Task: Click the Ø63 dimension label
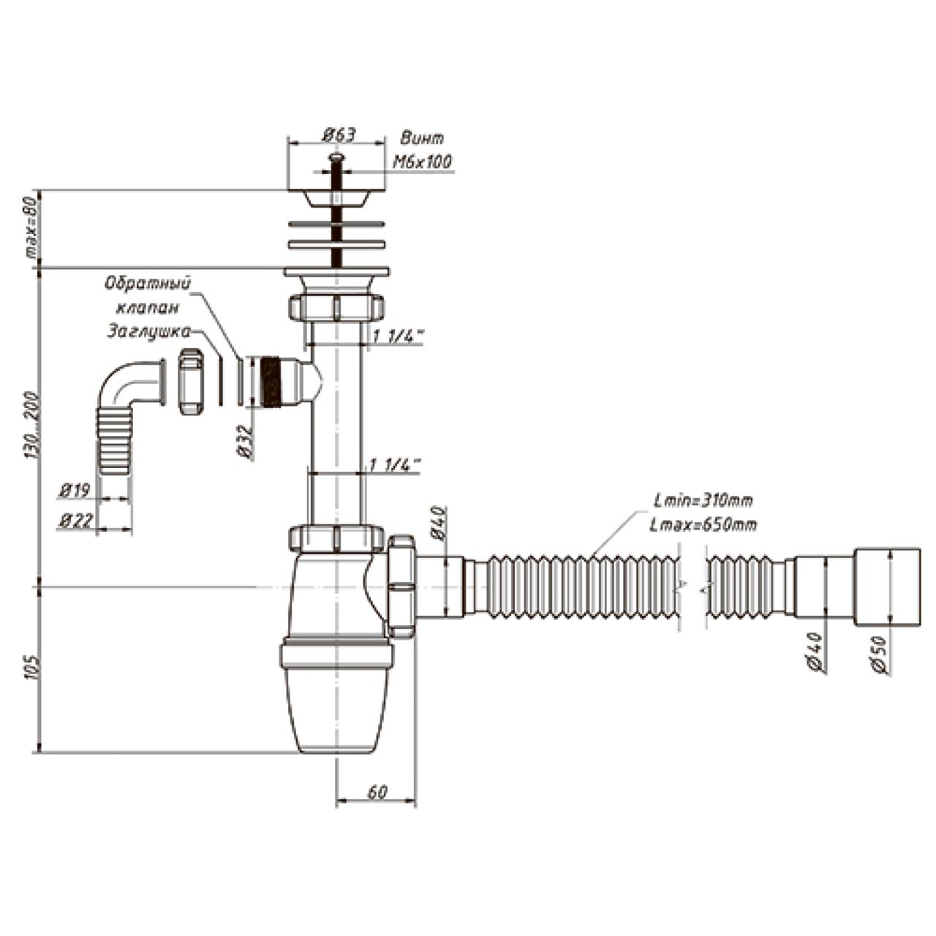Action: [338, 135]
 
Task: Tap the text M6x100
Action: [422, 162]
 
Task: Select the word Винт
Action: [422, 138]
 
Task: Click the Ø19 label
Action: [75, 491]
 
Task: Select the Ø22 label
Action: [75, 521]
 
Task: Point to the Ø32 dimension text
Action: [245, 442]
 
